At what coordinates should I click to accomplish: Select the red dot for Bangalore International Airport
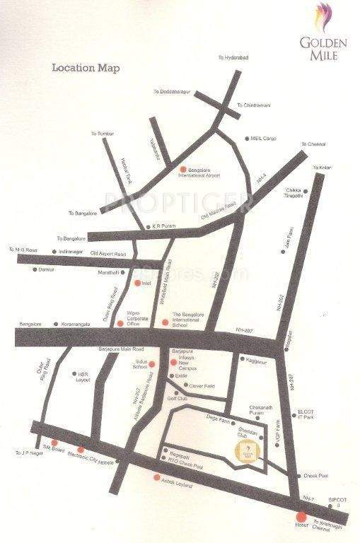[x=183, y=168]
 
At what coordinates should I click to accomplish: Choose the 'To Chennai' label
[x=313, y=144]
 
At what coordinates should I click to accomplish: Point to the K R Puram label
[x=163, y=227]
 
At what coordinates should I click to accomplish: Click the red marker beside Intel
[x=138, y=283]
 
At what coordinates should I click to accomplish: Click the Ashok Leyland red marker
[x=157, y=477]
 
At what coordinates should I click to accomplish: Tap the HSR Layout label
[x=83, y=376]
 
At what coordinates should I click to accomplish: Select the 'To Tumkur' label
[x=102, y=134]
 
